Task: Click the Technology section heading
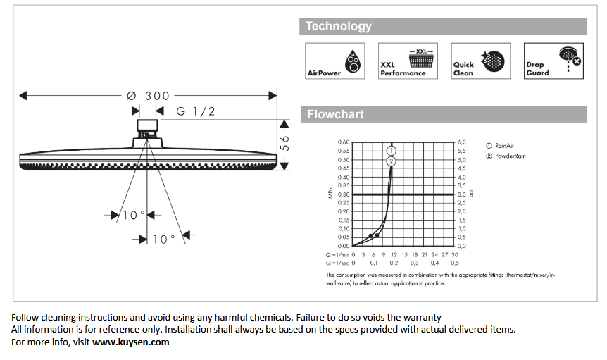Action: coord(339,27)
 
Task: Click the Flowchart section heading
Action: coord(335,114)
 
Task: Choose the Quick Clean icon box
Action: coord(480,61)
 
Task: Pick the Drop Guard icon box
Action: coord(553,61)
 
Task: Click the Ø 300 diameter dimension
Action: coord(148,95)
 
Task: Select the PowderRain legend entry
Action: coord(506,156)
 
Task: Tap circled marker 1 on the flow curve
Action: coord(392,150)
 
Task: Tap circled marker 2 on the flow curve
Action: coord(392,161)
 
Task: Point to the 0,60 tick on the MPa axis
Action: coord(343,142)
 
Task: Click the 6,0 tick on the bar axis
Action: coord(462,142)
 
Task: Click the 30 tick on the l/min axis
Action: coord(455,254)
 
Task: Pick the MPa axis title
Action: coord(330,194)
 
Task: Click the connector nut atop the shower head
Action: coord(147,129)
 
